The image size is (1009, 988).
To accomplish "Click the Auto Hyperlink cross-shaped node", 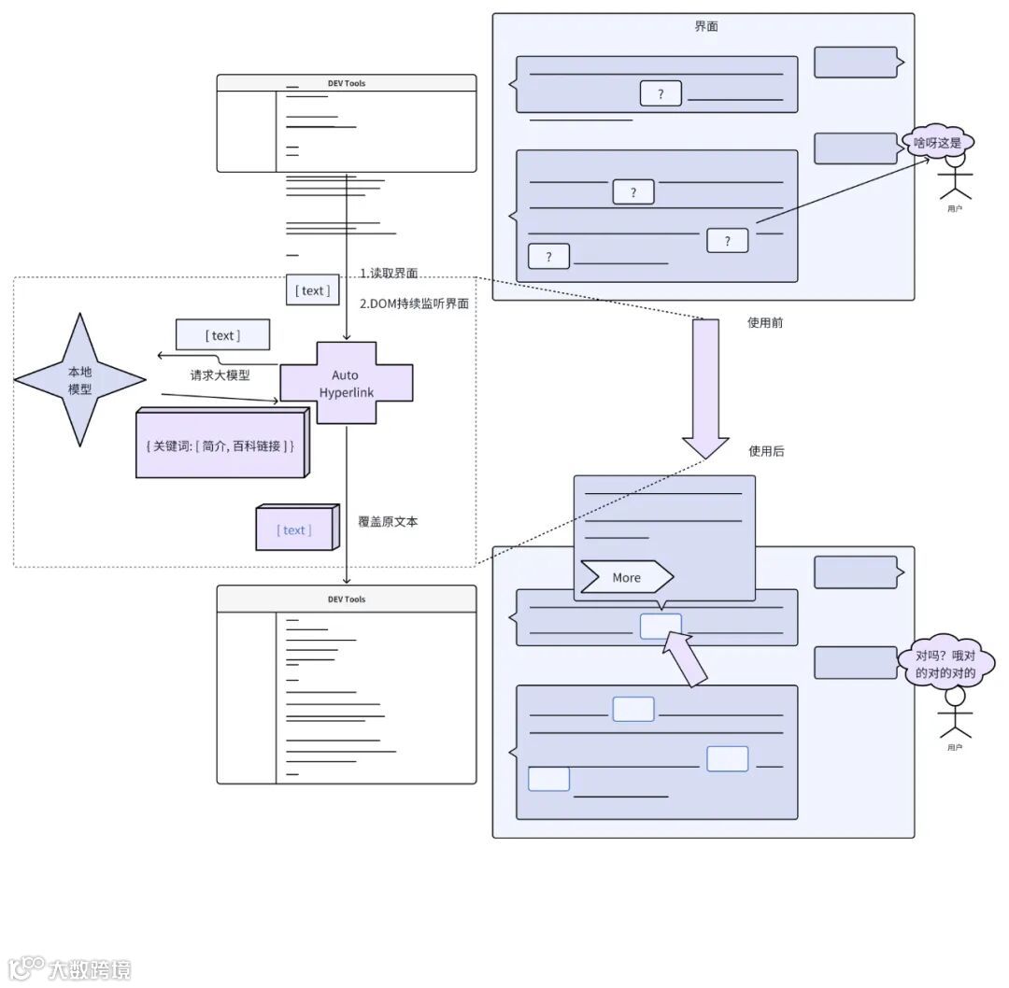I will (x=346, y=383).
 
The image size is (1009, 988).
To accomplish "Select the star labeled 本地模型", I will (x=80, y=380).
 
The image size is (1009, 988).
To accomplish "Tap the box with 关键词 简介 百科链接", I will (x=220, y=446).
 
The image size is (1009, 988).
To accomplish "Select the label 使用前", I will (x=765, y=322).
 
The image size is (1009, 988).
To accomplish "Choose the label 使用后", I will (x=766, y=451).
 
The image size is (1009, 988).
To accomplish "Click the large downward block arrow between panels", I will (x=704, y=388).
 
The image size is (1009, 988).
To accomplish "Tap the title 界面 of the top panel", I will (x=706, y=27).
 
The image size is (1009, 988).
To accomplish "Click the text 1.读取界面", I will (x=389, y=273).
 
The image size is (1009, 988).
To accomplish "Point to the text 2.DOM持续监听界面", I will (x=414, y=303).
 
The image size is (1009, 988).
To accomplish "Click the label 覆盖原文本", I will (x=388, y=521).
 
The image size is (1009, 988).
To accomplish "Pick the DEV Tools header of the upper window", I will (x=347, y=83).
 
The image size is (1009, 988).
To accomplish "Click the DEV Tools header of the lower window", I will (x=347, y=599).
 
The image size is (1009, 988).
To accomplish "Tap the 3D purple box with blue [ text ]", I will (x=294, y=529).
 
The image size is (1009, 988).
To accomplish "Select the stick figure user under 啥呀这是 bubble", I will (x=954, y=180).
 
